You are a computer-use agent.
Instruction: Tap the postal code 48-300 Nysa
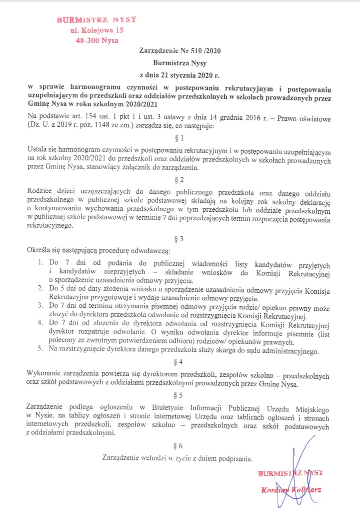tap(96, 41)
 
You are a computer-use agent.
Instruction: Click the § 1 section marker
tap(180, 137)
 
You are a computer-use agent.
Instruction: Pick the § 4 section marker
tap(180, 361)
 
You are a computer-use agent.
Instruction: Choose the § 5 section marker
tap(180, 396)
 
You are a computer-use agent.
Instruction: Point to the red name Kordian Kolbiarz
tap(291, 491)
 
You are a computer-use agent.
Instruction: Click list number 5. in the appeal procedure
tap(43, 351)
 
